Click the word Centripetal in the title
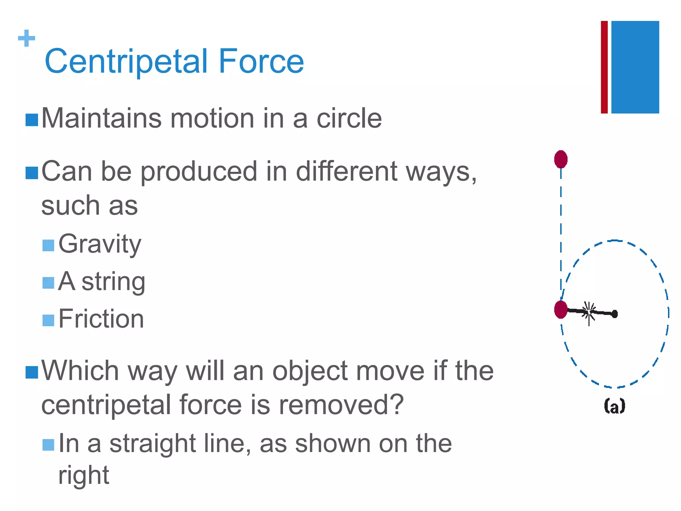[126, 62]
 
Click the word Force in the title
[261, 62]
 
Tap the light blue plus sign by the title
[27, 38]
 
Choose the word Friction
[101, 319]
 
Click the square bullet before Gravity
[48, 246]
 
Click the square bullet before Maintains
[32, 120]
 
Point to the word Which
[80, 371]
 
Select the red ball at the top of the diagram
[561, 159]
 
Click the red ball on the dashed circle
[561, 310]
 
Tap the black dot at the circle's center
[614, 314]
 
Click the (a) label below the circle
[614, 406]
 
